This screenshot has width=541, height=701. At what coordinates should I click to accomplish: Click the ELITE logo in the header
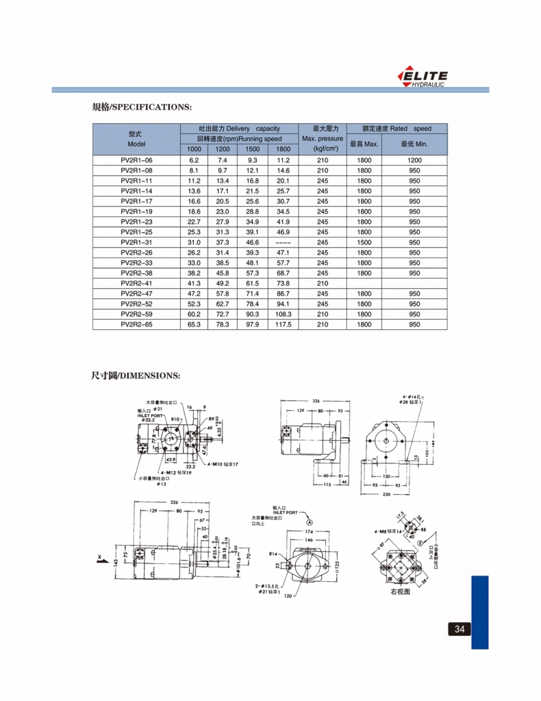pos(423,77)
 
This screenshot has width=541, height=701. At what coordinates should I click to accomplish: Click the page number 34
pos(458,629)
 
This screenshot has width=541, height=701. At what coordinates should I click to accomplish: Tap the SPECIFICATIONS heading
pos(142,107)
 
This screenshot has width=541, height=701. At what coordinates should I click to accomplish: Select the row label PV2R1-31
pos(136,242)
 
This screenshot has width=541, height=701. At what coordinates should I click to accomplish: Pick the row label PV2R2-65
pos(136,324)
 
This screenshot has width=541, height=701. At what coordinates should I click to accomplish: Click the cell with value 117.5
pos(283,324)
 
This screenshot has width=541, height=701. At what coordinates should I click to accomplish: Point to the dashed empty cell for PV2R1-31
pos(283,242)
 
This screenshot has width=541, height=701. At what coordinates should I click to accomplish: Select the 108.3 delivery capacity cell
pos(283,314)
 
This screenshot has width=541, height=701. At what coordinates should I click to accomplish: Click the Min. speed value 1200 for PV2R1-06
pos(414,160)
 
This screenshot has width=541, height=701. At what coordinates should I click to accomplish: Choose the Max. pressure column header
pos(323,138)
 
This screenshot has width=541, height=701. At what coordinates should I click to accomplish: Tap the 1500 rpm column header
pos(253,149)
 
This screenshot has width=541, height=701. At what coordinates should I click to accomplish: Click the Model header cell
pos(136,139)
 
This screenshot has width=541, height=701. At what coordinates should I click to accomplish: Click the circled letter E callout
pos(418,542)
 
